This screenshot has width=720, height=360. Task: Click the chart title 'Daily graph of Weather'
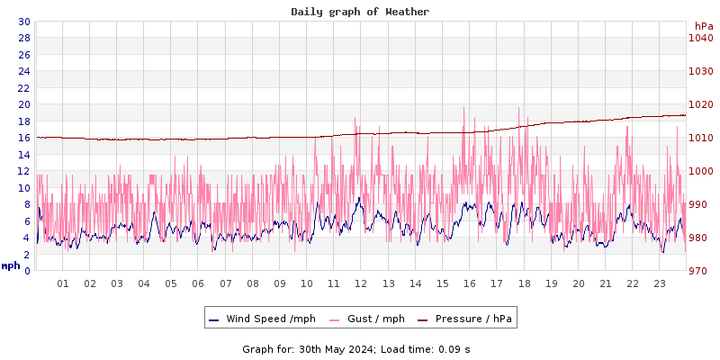[x=360, y=12]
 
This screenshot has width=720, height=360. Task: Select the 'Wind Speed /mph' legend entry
[x=271, y=319]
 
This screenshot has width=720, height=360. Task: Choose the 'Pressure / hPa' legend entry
[x=472, y=319]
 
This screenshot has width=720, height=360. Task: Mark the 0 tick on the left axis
[x=26, y=271]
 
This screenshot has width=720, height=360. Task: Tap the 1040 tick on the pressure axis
[x=700, y=38]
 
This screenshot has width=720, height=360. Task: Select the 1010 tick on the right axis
[x=700, y=138]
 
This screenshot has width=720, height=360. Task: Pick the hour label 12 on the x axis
[x=361, y=283]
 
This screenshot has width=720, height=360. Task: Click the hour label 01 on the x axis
[x=63, y=283]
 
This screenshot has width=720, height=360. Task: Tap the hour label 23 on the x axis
[x=660, y=283]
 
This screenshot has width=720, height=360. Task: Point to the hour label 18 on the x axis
[x=524, y=283]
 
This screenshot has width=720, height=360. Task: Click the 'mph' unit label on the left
[x=11, y=265]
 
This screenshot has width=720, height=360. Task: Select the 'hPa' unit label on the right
[x=703, y=26]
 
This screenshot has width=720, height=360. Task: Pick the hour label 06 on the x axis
[x=199, y=283]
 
